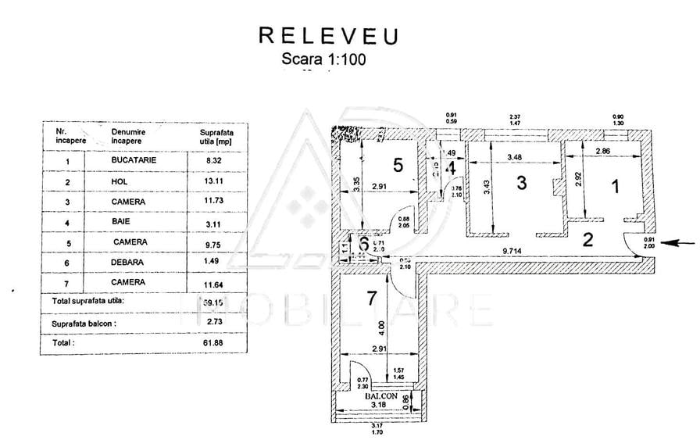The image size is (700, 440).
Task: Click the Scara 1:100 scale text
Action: coord(323,58)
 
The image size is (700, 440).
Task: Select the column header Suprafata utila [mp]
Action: coord(216,138)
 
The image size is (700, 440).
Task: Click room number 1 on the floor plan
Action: coord(614,186)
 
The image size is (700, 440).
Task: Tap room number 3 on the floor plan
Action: coord(522,184)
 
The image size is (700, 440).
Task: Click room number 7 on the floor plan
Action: coord(371,298)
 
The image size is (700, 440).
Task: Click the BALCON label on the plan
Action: coord(380,396)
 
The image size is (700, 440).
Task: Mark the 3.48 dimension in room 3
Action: coord(514,158)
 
